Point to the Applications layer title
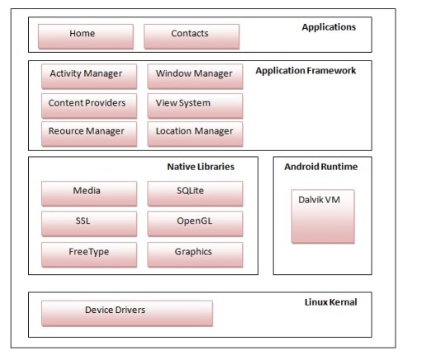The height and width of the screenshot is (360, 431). point(328,27)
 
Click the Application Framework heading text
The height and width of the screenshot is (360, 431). point(305,71)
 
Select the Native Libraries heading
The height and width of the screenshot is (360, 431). point(201,167)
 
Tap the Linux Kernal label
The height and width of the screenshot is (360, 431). point(330,302)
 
